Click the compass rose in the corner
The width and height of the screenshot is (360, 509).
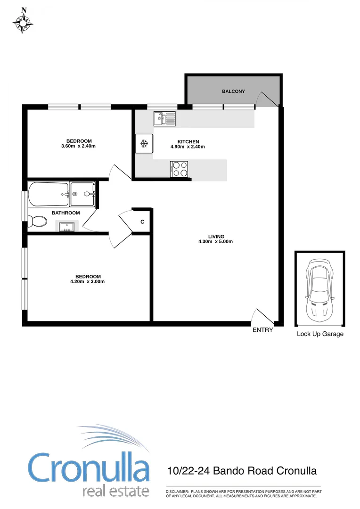pyautogui.click(x=23, y=21)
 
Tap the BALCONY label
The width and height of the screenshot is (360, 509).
pyautogui.click(x=233, y=91)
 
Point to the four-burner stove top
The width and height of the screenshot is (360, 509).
pyautogui.click(x=179, y=168)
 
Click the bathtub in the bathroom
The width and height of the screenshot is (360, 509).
pyautogui.click(x=48, y=194)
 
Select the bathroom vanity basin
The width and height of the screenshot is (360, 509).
pyautogui.click(x=67, y=227)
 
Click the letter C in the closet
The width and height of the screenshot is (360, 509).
pyautogui.click(x=142, y=222)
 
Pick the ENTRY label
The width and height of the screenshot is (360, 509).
pyautogui.click(x=262, y=330)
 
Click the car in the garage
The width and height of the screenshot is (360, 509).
pyautogui.click(x=319, y=289)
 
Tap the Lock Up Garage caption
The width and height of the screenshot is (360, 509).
pyautogui.click(x=320, y=334)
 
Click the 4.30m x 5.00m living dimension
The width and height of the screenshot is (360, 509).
pyautogui.click(x=216, y=242)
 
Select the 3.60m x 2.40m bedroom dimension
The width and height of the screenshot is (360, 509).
pyautogui.click(x=79, y=146)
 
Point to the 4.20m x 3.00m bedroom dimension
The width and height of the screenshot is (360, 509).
pyautogui.click(x=88, y=282)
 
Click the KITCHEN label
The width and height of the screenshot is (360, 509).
pyautogui.click(x=188, y=141)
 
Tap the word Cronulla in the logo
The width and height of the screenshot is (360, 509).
pyautogui.click(x=89, y=468)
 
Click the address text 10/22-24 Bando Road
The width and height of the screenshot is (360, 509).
pyautogui.click(x=221, y=470)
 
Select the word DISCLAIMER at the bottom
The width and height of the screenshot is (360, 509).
pyautogui.click(x=177, y=492)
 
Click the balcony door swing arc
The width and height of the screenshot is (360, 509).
pyautogui.click(x=266, y=97)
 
